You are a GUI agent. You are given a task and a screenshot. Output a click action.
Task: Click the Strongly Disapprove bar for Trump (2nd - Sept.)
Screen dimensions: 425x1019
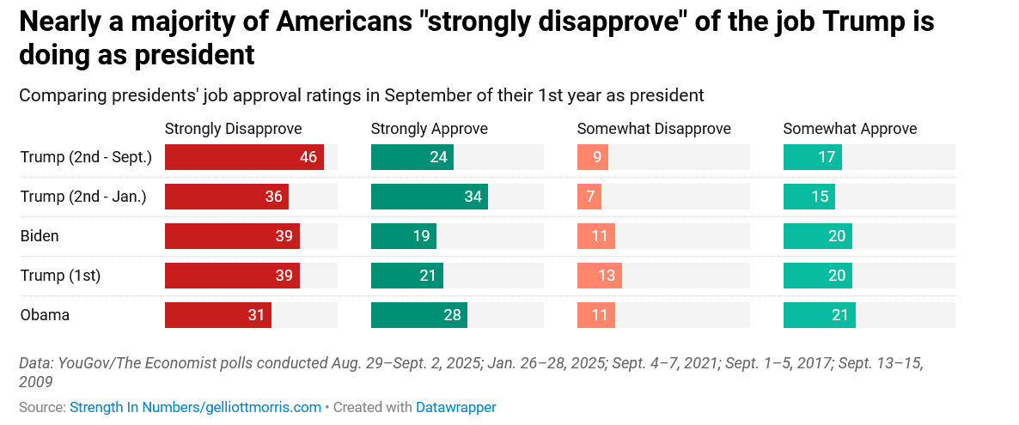pos(244,157)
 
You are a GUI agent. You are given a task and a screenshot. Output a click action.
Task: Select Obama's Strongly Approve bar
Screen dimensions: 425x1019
pos(419,315)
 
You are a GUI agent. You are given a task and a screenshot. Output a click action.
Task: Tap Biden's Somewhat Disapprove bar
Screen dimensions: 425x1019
pos(596,236)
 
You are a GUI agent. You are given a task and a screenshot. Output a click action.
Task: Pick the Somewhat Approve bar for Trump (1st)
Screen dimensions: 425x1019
pos(817,276)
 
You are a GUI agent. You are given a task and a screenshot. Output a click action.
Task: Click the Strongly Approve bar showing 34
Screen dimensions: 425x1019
pos(429,197)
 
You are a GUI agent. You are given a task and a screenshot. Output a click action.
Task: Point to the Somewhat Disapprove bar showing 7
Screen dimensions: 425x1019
pos(589,197)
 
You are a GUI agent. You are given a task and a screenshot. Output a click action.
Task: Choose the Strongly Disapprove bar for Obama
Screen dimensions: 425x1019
pos(217,315)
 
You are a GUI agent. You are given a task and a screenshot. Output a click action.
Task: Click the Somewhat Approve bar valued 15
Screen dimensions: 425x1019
pos(808,197)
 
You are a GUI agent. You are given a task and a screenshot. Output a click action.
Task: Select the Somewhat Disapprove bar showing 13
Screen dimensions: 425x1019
pos(600,276)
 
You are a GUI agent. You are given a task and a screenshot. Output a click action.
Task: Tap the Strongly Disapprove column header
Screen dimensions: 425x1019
pos(233,129)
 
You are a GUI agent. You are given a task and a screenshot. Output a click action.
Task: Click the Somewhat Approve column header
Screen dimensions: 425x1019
pos(850,129)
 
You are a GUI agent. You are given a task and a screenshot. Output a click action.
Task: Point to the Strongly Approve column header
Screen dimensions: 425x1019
pos(429,129)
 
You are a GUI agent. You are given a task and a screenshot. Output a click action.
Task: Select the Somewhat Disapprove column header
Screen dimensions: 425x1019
pos(653,129)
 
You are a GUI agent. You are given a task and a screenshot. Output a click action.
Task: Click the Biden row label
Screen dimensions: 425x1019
pos(40,236)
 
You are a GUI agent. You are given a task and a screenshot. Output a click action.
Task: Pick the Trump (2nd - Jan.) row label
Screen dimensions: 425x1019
pos(83,197)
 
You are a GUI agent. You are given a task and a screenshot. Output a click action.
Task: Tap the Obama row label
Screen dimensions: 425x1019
pos(45,315)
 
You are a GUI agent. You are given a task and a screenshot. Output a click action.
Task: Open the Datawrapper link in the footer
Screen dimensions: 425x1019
pos(455,407)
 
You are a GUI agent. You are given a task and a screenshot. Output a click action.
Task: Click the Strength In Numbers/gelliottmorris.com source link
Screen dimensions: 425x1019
pos(195,407)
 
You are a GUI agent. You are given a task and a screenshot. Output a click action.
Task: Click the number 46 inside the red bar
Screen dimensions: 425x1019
pos(308,157)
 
